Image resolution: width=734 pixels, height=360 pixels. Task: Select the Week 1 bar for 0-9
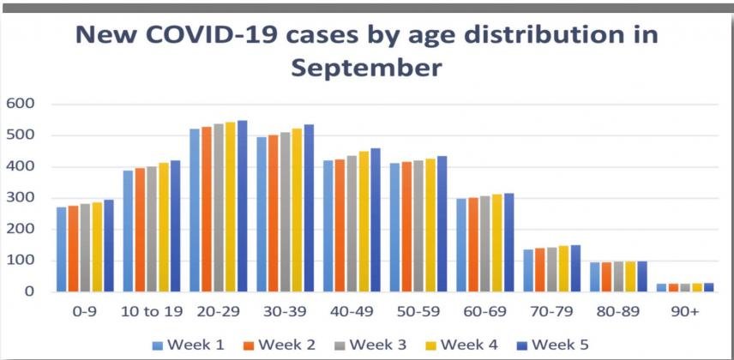tap(62, 249)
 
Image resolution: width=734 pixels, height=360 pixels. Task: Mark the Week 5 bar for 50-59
tap(442, 224)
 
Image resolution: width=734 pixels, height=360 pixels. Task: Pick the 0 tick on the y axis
tap(29, 292)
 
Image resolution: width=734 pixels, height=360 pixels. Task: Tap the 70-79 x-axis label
tap(552, 313)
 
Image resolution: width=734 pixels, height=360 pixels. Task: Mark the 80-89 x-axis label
tap(619, 313)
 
